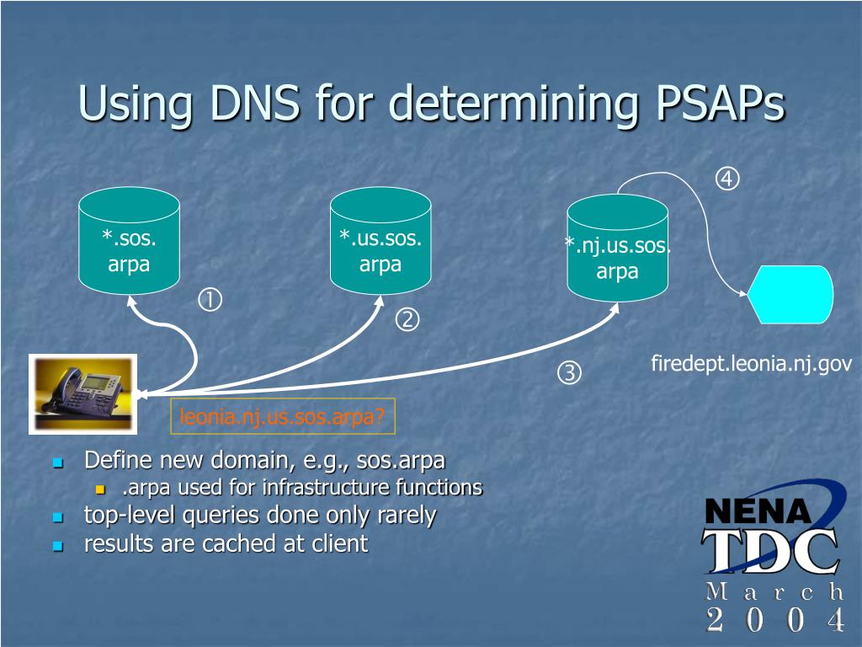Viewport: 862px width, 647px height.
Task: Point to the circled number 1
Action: point(210,299)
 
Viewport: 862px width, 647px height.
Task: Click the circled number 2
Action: point(408,320)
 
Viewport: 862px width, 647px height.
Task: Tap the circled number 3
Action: point(569,372)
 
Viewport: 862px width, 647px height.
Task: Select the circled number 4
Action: point(727,179)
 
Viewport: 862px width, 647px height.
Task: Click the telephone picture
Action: point(82,393)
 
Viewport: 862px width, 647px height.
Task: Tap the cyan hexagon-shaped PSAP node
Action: point(790,294)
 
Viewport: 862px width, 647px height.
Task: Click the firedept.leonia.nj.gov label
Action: point(751,364)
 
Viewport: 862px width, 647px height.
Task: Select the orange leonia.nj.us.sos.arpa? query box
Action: point(282,417)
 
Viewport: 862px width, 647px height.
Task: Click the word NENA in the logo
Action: point(758,511)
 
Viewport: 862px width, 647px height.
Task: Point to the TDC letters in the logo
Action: point(770,551)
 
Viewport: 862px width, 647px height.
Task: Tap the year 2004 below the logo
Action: point(775,621)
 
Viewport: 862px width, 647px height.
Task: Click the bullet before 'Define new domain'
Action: point(58,463)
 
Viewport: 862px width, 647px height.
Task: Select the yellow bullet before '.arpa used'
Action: point(101,489)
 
